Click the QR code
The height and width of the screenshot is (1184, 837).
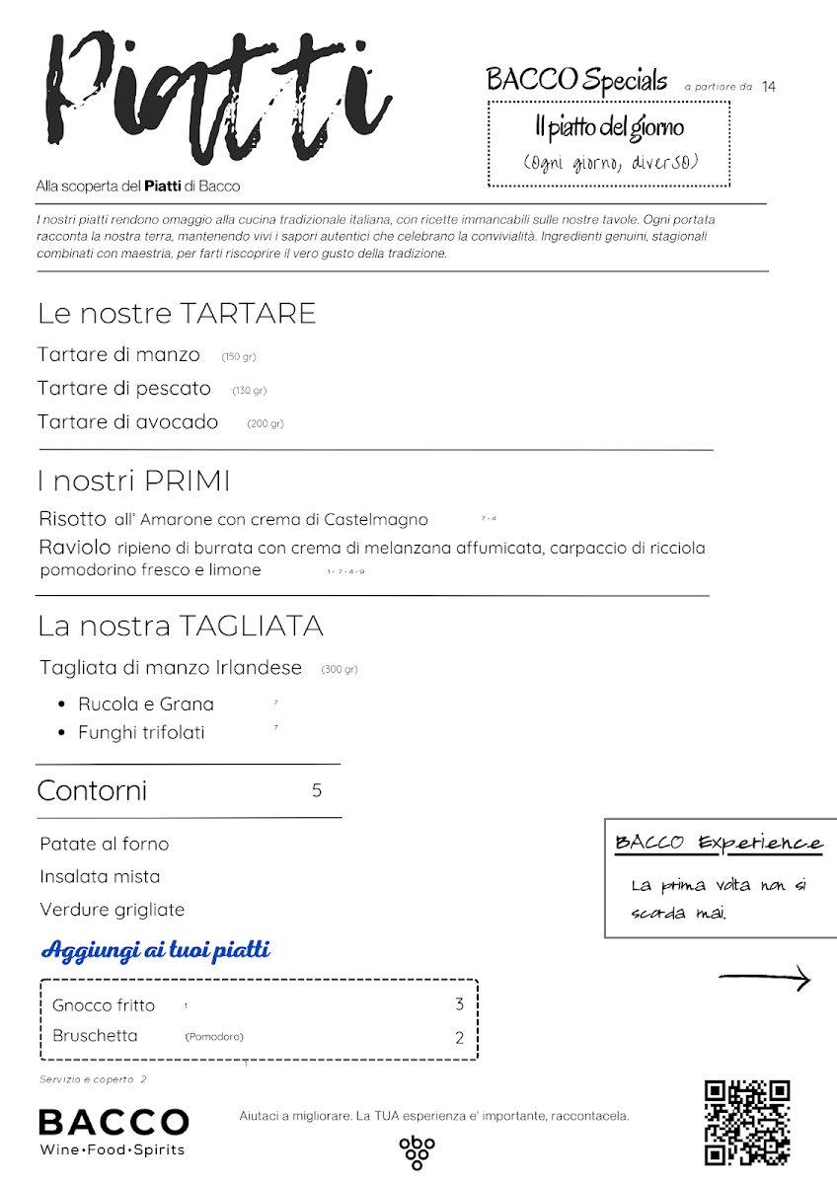pos(747,1122)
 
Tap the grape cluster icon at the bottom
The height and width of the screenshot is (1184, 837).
pos(417,1151)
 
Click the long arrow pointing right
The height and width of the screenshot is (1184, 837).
pos(764,979)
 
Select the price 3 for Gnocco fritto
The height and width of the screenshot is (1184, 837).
pos(459,1004)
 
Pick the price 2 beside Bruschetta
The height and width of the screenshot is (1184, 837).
pos(459,1037)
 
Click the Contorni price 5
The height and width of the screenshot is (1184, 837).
pos(317,790)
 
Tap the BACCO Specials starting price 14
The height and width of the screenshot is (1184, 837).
pos(769,87)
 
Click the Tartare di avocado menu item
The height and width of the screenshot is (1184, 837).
pos(128,422)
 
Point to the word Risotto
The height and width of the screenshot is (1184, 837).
pos(72,519)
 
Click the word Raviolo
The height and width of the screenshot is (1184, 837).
pos(75,548)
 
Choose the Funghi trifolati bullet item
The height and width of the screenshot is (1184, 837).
pos(142,733)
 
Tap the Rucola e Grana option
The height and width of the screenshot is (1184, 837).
pos(146,704)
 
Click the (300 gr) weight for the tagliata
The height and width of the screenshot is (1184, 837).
pos(340,670)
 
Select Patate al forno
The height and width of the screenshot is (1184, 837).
pos(105,844)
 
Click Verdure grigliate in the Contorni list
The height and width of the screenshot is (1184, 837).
pos(113,910)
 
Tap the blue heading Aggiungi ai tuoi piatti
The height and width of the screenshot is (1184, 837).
pos(156,951)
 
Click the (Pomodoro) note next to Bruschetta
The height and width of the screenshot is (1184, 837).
pos(214,1037)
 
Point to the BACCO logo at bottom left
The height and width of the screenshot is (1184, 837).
pos(114,1131)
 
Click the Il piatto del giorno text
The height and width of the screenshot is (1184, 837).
pos(609,127)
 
